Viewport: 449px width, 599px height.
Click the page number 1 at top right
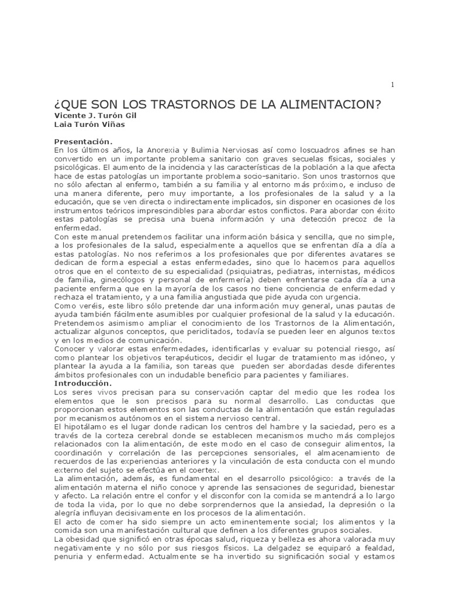coord(392,85)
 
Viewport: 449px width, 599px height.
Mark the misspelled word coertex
coord(202,470)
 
